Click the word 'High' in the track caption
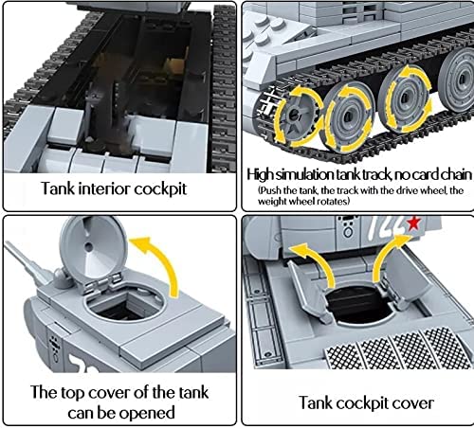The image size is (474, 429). point(265,173)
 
